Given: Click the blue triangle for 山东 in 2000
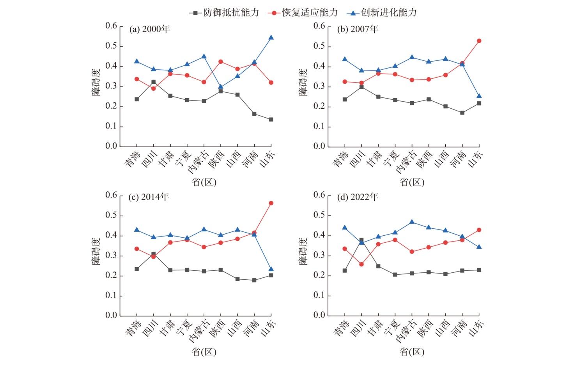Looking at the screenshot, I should pos(271,37).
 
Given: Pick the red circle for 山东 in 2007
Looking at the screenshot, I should pos(479,41).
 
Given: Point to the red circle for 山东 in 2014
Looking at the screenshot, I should pos(271,203).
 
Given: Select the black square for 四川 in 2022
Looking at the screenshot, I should pos(361,240).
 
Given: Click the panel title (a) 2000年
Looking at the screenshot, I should pos(150,29).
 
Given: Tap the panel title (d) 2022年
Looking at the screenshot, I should pos(358,198).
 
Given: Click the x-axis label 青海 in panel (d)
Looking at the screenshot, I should pos(341,327).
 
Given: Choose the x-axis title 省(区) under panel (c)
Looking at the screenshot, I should pos(204,352).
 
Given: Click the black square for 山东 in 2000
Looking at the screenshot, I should pos(271,120).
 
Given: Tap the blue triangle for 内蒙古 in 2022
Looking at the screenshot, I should pos(412,222).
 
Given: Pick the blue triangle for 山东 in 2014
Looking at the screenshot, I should pos(271,269).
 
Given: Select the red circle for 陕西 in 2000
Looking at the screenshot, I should pos(221,62).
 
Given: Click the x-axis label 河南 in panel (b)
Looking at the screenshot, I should pos(458,159).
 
